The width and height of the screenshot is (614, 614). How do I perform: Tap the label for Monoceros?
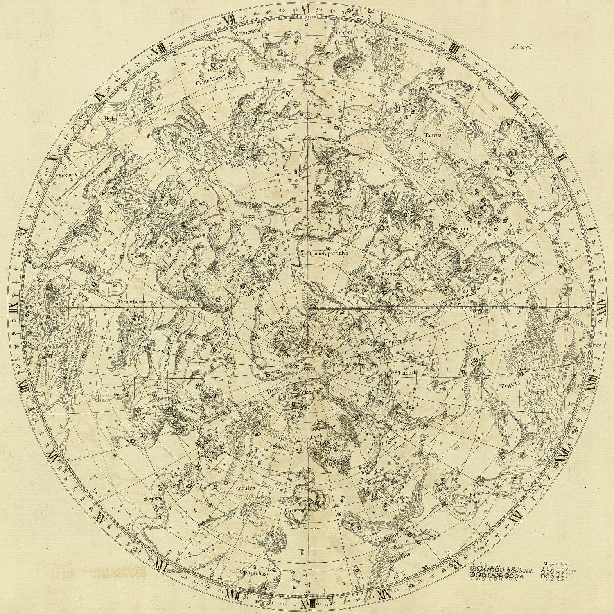[x=244, y=34]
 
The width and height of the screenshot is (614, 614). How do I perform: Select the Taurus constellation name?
[x=433, y=135]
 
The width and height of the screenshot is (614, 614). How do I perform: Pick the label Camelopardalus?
[x=329, y=253]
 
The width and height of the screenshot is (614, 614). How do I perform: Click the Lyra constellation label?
[x=317, y=437]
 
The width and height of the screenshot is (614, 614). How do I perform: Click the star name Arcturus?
[x=148, y=413]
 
